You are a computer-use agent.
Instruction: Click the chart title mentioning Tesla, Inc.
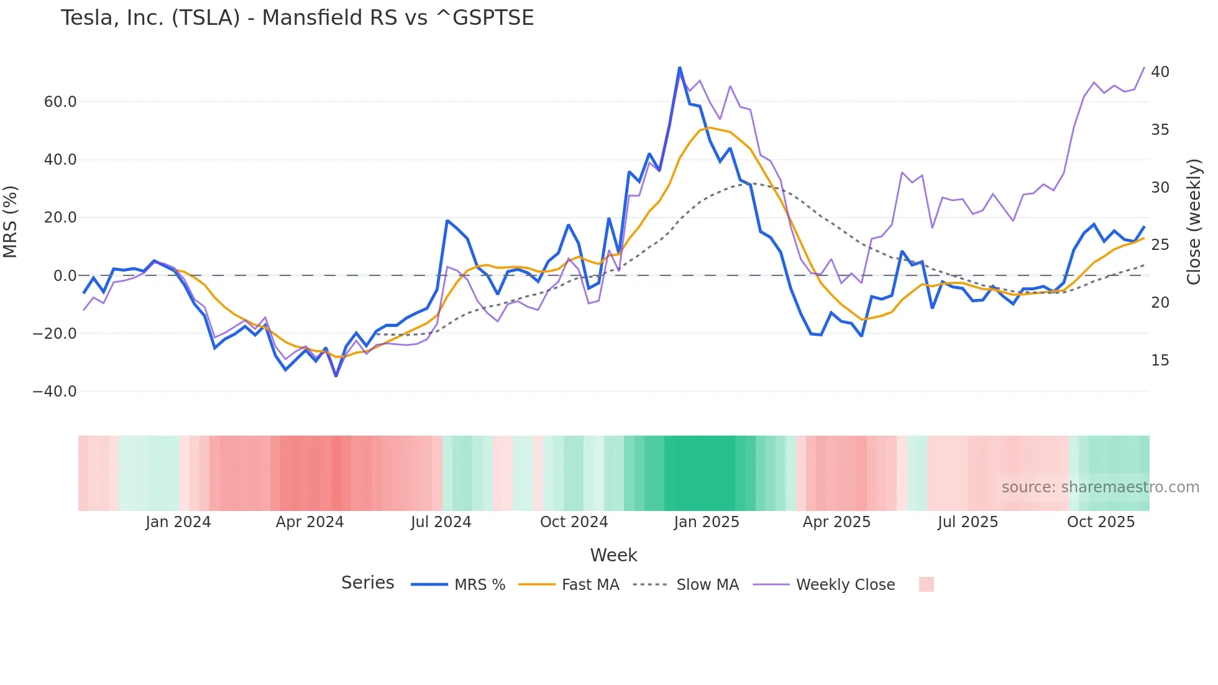(x=297, y=18)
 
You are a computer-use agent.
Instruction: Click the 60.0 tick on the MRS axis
(x=60, y=102)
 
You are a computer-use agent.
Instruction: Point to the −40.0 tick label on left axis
(x=55, y=392)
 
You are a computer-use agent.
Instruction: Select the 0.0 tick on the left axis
(x=65, y=276)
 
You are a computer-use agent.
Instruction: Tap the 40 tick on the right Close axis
(x=1160, y=72)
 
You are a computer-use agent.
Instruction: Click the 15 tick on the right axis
(x=1160, y=361)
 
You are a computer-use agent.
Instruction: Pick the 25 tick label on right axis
(x=1160, y=245)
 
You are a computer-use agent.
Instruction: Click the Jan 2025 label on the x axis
(x=707, y=522)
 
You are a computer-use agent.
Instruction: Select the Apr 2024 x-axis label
(x=309, y=522)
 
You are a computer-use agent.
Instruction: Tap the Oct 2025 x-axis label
(x=1101, y=522)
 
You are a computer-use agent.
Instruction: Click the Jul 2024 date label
(x=441, y=522)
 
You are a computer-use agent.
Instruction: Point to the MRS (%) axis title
(x=11, y=221)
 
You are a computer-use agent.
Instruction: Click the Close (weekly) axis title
(x=1193, y=221)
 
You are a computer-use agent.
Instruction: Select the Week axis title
(x=613, y=555)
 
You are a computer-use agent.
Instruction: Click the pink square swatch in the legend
(x=926, y=584)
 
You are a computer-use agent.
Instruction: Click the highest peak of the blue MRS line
(x=679, y=68)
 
